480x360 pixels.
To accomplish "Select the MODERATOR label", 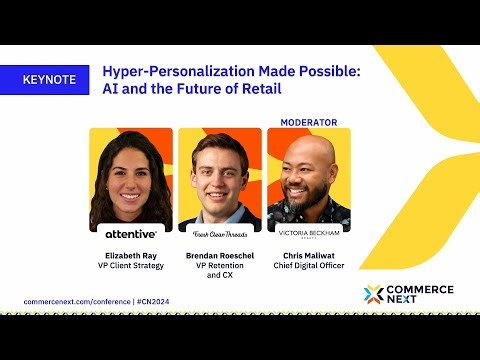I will [x=308, y=122].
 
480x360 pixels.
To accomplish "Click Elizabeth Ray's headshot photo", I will [x=131, y=178].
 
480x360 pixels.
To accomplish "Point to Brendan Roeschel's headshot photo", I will [x=220, y=178].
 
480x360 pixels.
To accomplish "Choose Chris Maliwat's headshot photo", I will [x=308, y=178].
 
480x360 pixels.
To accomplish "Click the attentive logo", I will [x=131, y=233].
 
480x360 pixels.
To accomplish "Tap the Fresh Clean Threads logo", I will [x=220, y=232].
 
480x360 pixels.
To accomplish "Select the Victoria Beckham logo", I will [x=308, y=233].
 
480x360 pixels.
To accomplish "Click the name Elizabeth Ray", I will [x=131, y=256].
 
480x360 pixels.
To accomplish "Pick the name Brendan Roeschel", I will [x=220, y=256].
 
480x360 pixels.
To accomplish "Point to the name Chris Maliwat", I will [x=308, y=256].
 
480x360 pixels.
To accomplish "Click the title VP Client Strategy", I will [x=131, y=266].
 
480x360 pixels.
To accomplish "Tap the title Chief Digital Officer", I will [x=308, y=266].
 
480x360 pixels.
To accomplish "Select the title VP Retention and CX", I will [x=220, y=271].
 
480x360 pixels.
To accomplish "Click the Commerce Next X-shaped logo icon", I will [x=374, y=294].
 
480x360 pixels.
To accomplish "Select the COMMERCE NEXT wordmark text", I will [x=421, y=294].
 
